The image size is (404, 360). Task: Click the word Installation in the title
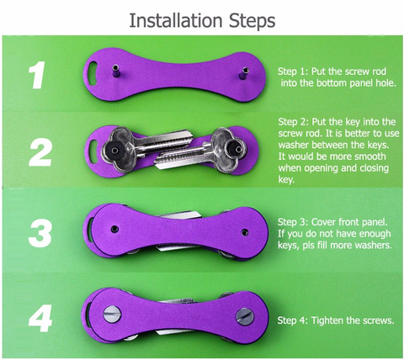(176, 20)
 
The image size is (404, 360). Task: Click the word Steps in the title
(252, 21)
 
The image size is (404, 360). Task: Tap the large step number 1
(37, 75)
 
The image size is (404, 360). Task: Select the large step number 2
(40, 152)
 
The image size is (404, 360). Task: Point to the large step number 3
(40, 233)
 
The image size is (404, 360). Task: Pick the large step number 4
(40, 318)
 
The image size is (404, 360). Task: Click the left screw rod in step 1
(115, 72)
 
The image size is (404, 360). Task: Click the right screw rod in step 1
(243, 73)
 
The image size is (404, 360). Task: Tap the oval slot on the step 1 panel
(93, 72)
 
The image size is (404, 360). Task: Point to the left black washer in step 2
(114, 151)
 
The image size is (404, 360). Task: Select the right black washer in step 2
(237, 148)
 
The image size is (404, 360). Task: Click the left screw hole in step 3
(114, 229)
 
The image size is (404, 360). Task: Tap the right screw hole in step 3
(245, 232)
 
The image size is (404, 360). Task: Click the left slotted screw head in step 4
(112, 314)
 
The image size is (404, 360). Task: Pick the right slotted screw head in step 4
(245, 316)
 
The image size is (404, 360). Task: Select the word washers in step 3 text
(374, 246)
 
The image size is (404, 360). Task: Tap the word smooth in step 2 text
(370, 156)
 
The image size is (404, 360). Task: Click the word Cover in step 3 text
(324, 222)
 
